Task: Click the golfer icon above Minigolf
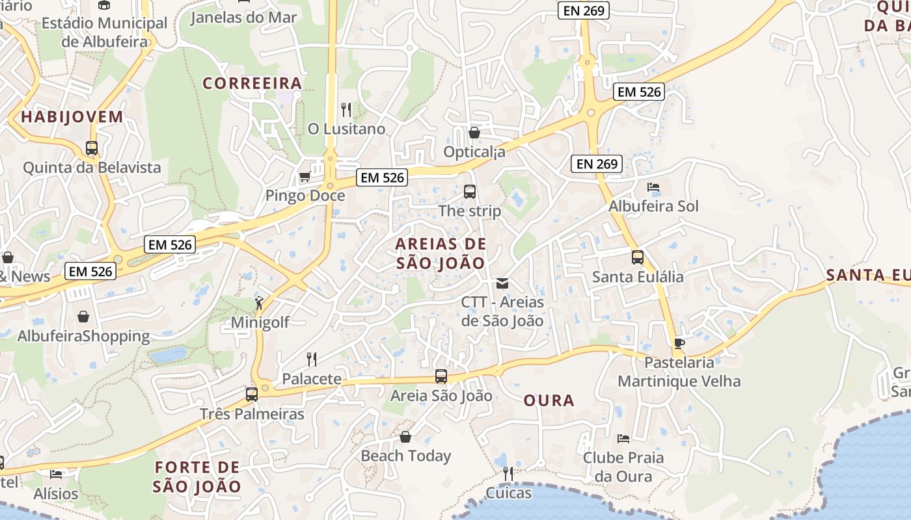(x=260, y=302)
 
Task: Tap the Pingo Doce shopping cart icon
(x=305, y=176)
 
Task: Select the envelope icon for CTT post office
(x=502, y=283)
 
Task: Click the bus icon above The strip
(x=470, y=192)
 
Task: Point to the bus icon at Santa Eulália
(x=638, y=257)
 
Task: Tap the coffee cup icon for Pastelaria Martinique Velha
(x=679, y=343)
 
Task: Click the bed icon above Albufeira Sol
(x=653, y=187)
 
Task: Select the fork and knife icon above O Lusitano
(x=346, y=109)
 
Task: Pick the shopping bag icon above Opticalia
(x=474, y=133)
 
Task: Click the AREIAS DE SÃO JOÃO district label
(x=441, y=253)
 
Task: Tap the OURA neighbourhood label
(x=549, y=400)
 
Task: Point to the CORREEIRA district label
(x=252, y=83)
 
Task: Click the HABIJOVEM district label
(x=72, y=117)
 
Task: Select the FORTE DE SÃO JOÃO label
(x=197, y=476)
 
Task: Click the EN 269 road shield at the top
(x=584, y=10)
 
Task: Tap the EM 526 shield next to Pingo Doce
(x=382, y=177)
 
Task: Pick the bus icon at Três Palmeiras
(x=252, y=394)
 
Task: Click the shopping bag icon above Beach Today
(x=405, y=437)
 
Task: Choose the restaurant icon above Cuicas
(x=508, y=474)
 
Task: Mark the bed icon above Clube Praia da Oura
(x=623, y=439)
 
